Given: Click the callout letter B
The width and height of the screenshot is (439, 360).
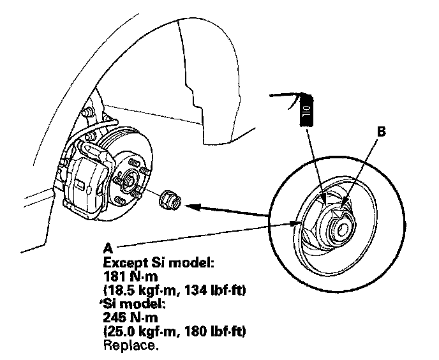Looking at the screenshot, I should [382, 133].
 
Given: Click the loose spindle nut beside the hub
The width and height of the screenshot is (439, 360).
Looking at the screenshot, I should [170, 198].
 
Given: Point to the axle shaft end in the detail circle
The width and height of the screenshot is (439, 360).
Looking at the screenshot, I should [339, 224].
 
